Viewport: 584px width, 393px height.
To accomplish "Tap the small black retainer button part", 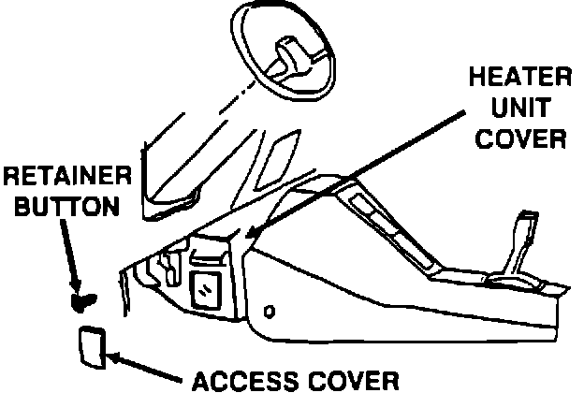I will coord(82,301).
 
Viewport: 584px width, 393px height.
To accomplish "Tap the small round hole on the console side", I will coord(270,311).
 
